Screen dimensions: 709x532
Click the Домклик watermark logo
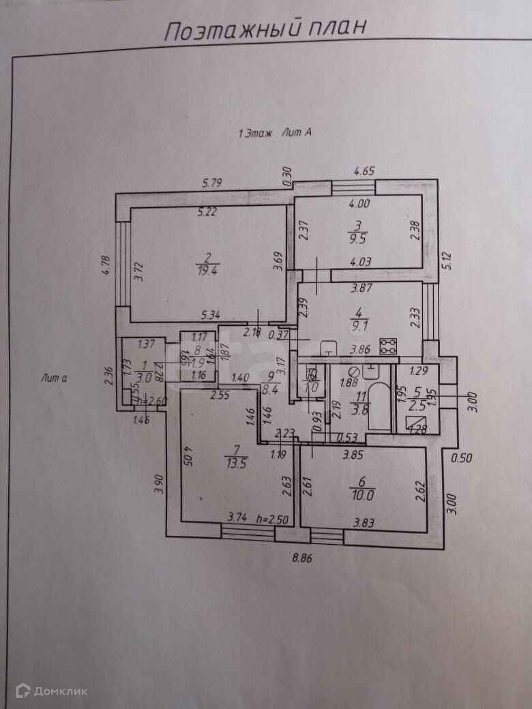coord(51,691)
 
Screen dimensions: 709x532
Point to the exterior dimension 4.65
coord(363,171)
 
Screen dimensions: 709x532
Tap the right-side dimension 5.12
coord(447,260)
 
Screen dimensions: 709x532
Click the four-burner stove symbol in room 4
coord(389,345)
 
